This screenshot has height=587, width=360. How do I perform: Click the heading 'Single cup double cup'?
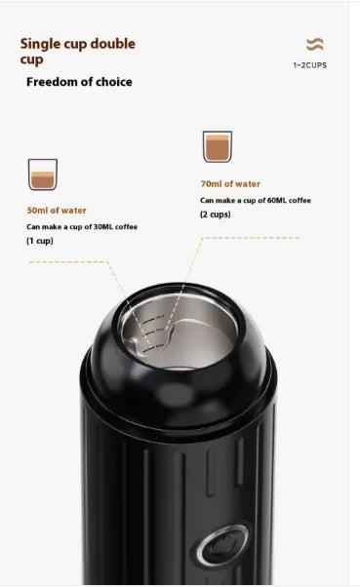pyautogui.click(x=78, y=51)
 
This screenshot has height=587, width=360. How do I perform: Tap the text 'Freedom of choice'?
pyautogui.click(x=79, y=82)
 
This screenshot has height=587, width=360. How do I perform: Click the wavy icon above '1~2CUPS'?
pyautogui.click(x=314, y=45)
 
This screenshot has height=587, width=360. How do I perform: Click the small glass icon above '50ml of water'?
pyautogui.click(x=43, y=175)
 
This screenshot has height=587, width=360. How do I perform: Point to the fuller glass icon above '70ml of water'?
pyautogui.click(x=218, y=147)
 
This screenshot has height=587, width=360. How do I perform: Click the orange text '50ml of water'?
pyautogui.click(x=57, y=210)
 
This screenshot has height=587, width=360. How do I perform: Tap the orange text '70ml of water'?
pyautogui.click(x=230, y=183)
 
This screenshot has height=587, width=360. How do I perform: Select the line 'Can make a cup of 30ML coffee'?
pyautogui.click(x=82, y=226)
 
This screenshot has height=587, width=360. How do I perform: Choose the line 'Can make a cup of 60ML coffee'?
pyautogui.click(x=256, y=200)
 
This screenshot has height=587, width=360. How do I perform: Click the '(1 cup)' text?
pyautogui.click(x=40, y=241)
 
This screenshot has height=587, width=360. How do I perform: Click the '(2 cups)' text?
pyautogui.click(x=217, y=215)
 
